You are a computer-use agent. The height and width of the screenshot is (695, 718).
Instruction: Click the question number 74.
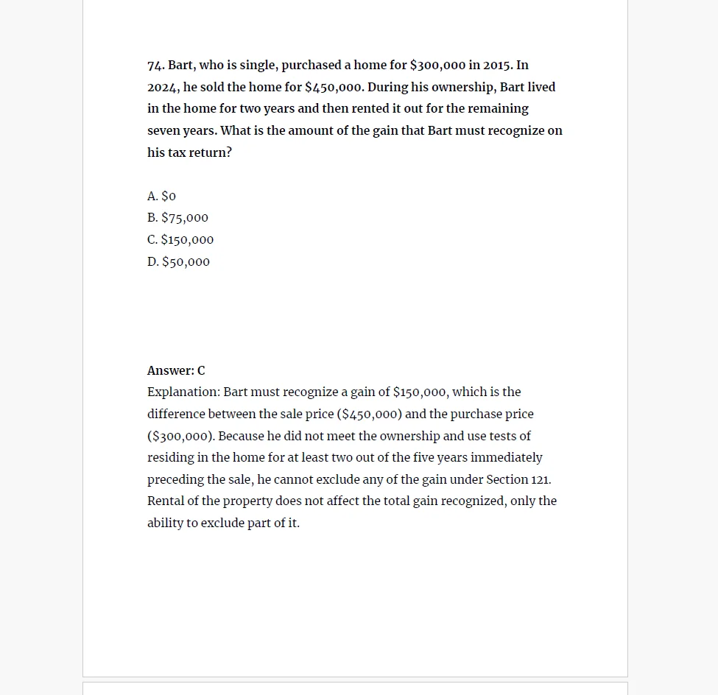(x=155, y=66)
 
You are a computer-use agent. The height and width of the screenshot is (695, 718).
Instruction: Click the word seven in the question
(x=163, y=131)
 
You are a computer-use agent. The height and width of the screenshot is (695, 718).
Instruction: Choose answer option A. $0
(x=162, y=197)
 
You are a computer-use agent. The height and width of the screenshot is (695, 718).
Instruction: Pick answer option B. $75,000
(x=177, y=218)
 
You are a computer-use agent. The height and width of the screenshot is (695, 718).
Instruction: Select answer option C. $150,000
(x=180, y=240)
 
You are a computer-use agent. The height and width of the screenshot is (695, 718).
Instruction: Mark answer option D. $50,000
(x=178, y=262)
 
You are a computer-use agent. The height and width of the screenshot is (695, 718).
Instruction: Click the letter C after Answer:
(x=202, y=371)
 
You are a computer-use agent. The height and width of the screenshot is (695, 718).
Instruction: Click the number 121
(x=541, y=480)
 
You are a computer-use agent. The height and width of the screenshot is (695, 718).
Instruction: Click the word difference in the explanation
(x=176, y=414)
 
